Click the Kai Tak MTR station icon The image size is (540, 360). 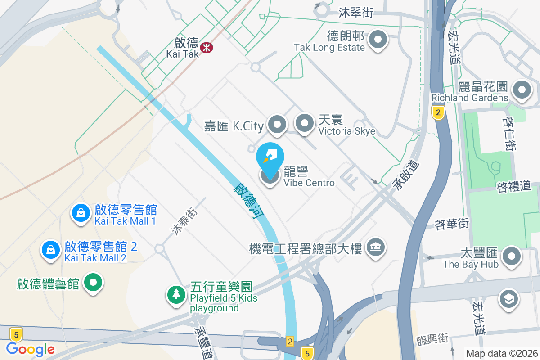click(x=207, y=47)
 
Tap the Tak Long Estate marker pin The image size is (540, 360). click(x=378, y=40)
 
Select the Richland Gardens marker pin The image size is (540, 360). click(x=522, y=90)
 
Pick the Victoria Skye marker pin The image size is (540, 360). click(x=305, y=123)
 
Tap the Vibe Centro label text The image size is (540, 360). click(x=309, y=183)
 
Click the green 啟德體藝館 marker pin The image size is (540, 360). click(x=94, y=283)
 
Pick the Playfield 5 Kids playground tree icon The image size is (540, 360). click(x=176, y=295)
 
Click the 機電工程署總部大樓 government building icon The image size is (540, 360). click(x=374, y=247)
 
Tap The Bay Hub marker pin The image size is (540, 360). click(x=511, y=257)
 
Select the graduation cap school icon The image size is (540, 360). click(x=509, y=299)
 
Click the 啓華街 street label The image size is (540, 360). click(x=452, y=223)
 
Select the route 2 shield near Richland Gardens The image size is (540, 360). click(x=438, y=112)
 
